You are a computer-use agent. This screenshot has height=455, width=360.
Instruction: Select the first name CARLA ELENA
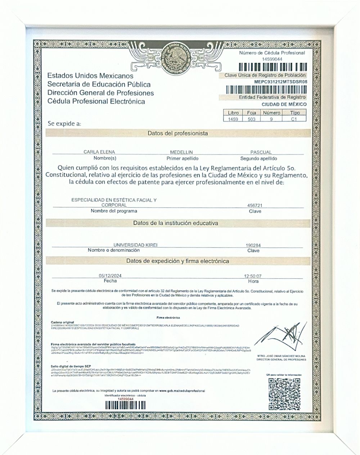pos(99,152)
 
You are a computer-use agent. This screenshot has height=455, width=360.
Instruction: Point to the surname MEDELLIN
pos(182,152)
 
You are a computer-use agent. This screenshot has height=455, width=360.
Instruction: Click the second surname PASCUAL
pos(261,152)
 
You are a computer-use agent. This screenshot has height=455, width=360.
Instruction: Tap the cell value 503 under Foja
pos(252,119)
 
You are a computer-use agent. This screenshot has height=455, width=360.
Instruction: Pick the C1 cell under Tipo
pos(294,119)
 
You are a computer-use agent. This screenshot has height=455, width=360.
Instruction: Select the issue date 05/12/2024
pos(110,276)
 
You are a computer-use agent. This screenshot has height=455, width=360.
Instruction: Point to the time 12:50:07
pos(253,276)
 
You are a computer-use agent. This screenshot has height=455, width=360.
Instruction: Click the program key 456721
pos(255,205)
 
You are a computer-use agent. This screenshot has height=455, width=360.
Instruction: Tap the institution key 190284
pos(253,245)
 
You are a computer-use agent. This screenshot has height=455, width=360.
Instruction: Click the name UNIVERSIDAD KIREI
pos(135,245)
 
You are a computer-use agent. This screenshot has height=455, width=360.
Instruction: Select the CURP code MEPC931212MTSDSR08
pos(280,82)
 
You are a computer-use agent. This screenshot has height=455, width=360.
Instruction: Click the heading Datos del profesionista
pos(177,133)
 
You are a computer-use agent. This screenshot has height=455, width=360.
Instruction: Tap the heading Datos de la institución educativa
pos(175,223)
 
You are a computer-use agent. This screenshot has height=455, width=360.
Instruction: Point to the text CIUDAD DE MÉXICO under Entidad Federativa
pos(284,104)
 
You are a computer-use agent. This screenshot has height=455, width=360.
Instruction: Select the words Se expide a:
pos(64,123)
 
